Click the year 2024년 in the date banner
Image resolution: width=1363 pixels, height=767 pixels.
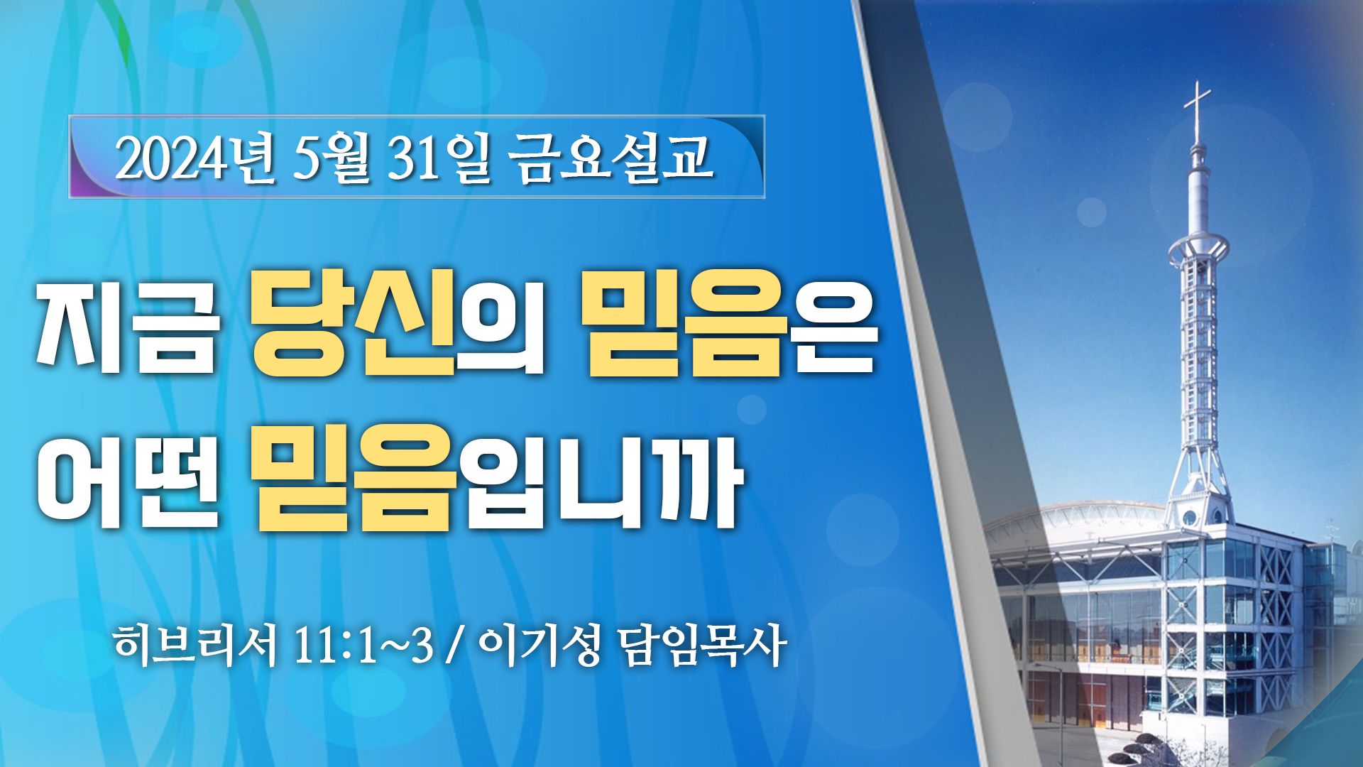[194, 158]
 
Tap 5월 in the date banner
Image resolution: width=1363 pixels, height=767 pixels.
[331, 158]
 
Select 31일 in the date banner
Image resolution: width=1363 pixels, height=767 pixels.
[437, 158]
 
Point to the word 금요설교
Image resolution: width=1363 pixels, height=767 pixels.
[610, 158]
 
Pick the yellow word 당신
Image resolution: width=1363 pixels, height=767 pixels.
[353, 323]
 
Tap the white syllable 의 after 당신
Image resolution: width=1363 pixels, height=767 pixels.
[500, 327]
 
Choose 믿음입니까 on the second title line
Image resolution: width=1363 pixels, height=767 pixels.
[497, 477]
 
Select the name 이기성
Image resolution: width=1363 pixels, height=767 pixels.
[540, 646]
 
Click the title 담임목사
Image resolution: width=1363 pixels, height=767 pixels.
[702, 646]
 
